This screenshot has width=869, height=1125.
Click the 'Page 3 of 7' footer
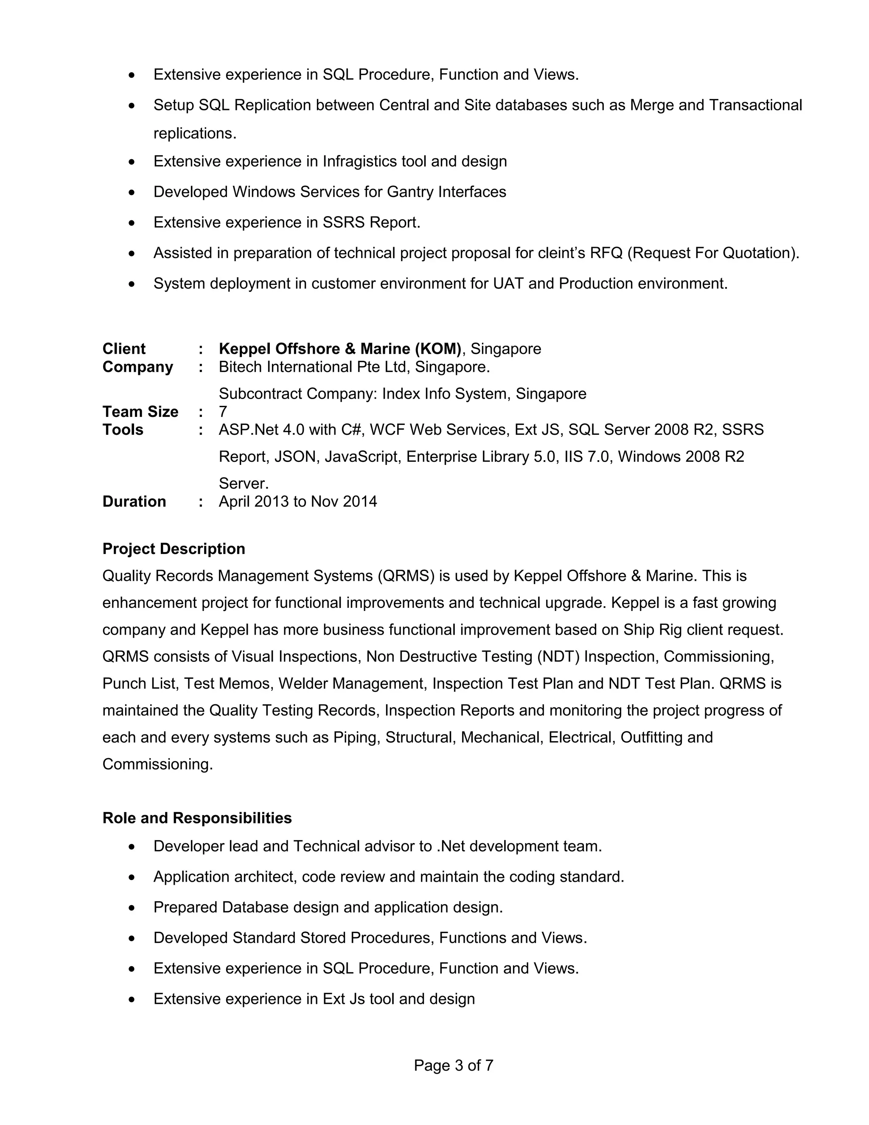pos(453,1065)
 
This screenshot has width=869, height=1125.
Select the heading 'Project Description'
pos(174,548)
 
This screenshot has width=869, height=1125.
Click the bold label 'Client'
pos(123,349)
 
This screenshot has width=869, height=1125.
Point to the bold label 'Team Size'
pos(140,411)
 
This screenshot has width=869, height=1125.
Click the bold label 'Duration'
pos(134,501)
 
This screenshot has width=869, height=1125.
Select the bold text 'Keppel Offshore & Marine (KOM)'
pos(340,349)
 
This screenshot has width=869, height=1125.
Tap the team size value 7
pos(223,411)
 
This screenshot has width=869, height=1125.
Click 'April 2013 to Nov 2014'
pos(297,501)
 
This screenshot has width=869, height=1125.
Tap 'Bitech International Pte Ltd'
pos(314,367)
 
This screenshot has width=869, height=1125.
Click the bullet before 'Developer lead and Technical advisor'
pos(132,847)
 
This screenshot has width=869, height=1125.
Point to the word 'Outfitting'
pos(651,737)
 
